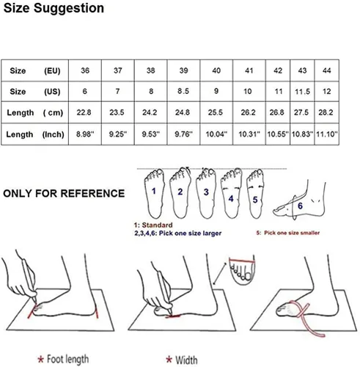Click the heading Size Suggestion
(54, 8)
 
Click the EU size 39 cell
(183, 70)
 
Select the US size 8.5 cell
(183, 91)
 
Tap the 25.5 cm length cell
(216, 112)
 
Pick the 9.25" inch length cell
(118, 134)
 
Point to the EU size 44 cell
(327, 70)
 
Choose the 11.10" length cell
(327, 134)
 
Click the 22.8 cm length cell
(84, 112)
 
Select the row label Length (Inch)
(35, 134)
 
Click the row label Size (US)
(35, 92)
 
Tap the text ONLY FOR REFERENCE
(64, 193)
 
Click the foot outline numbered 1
(154, 193)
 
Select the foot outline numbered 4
(231, 193)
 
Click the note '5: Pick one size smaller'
(288, 233)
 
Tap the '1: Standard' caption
(153, 225)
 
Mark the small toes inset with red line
(242, 271)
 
